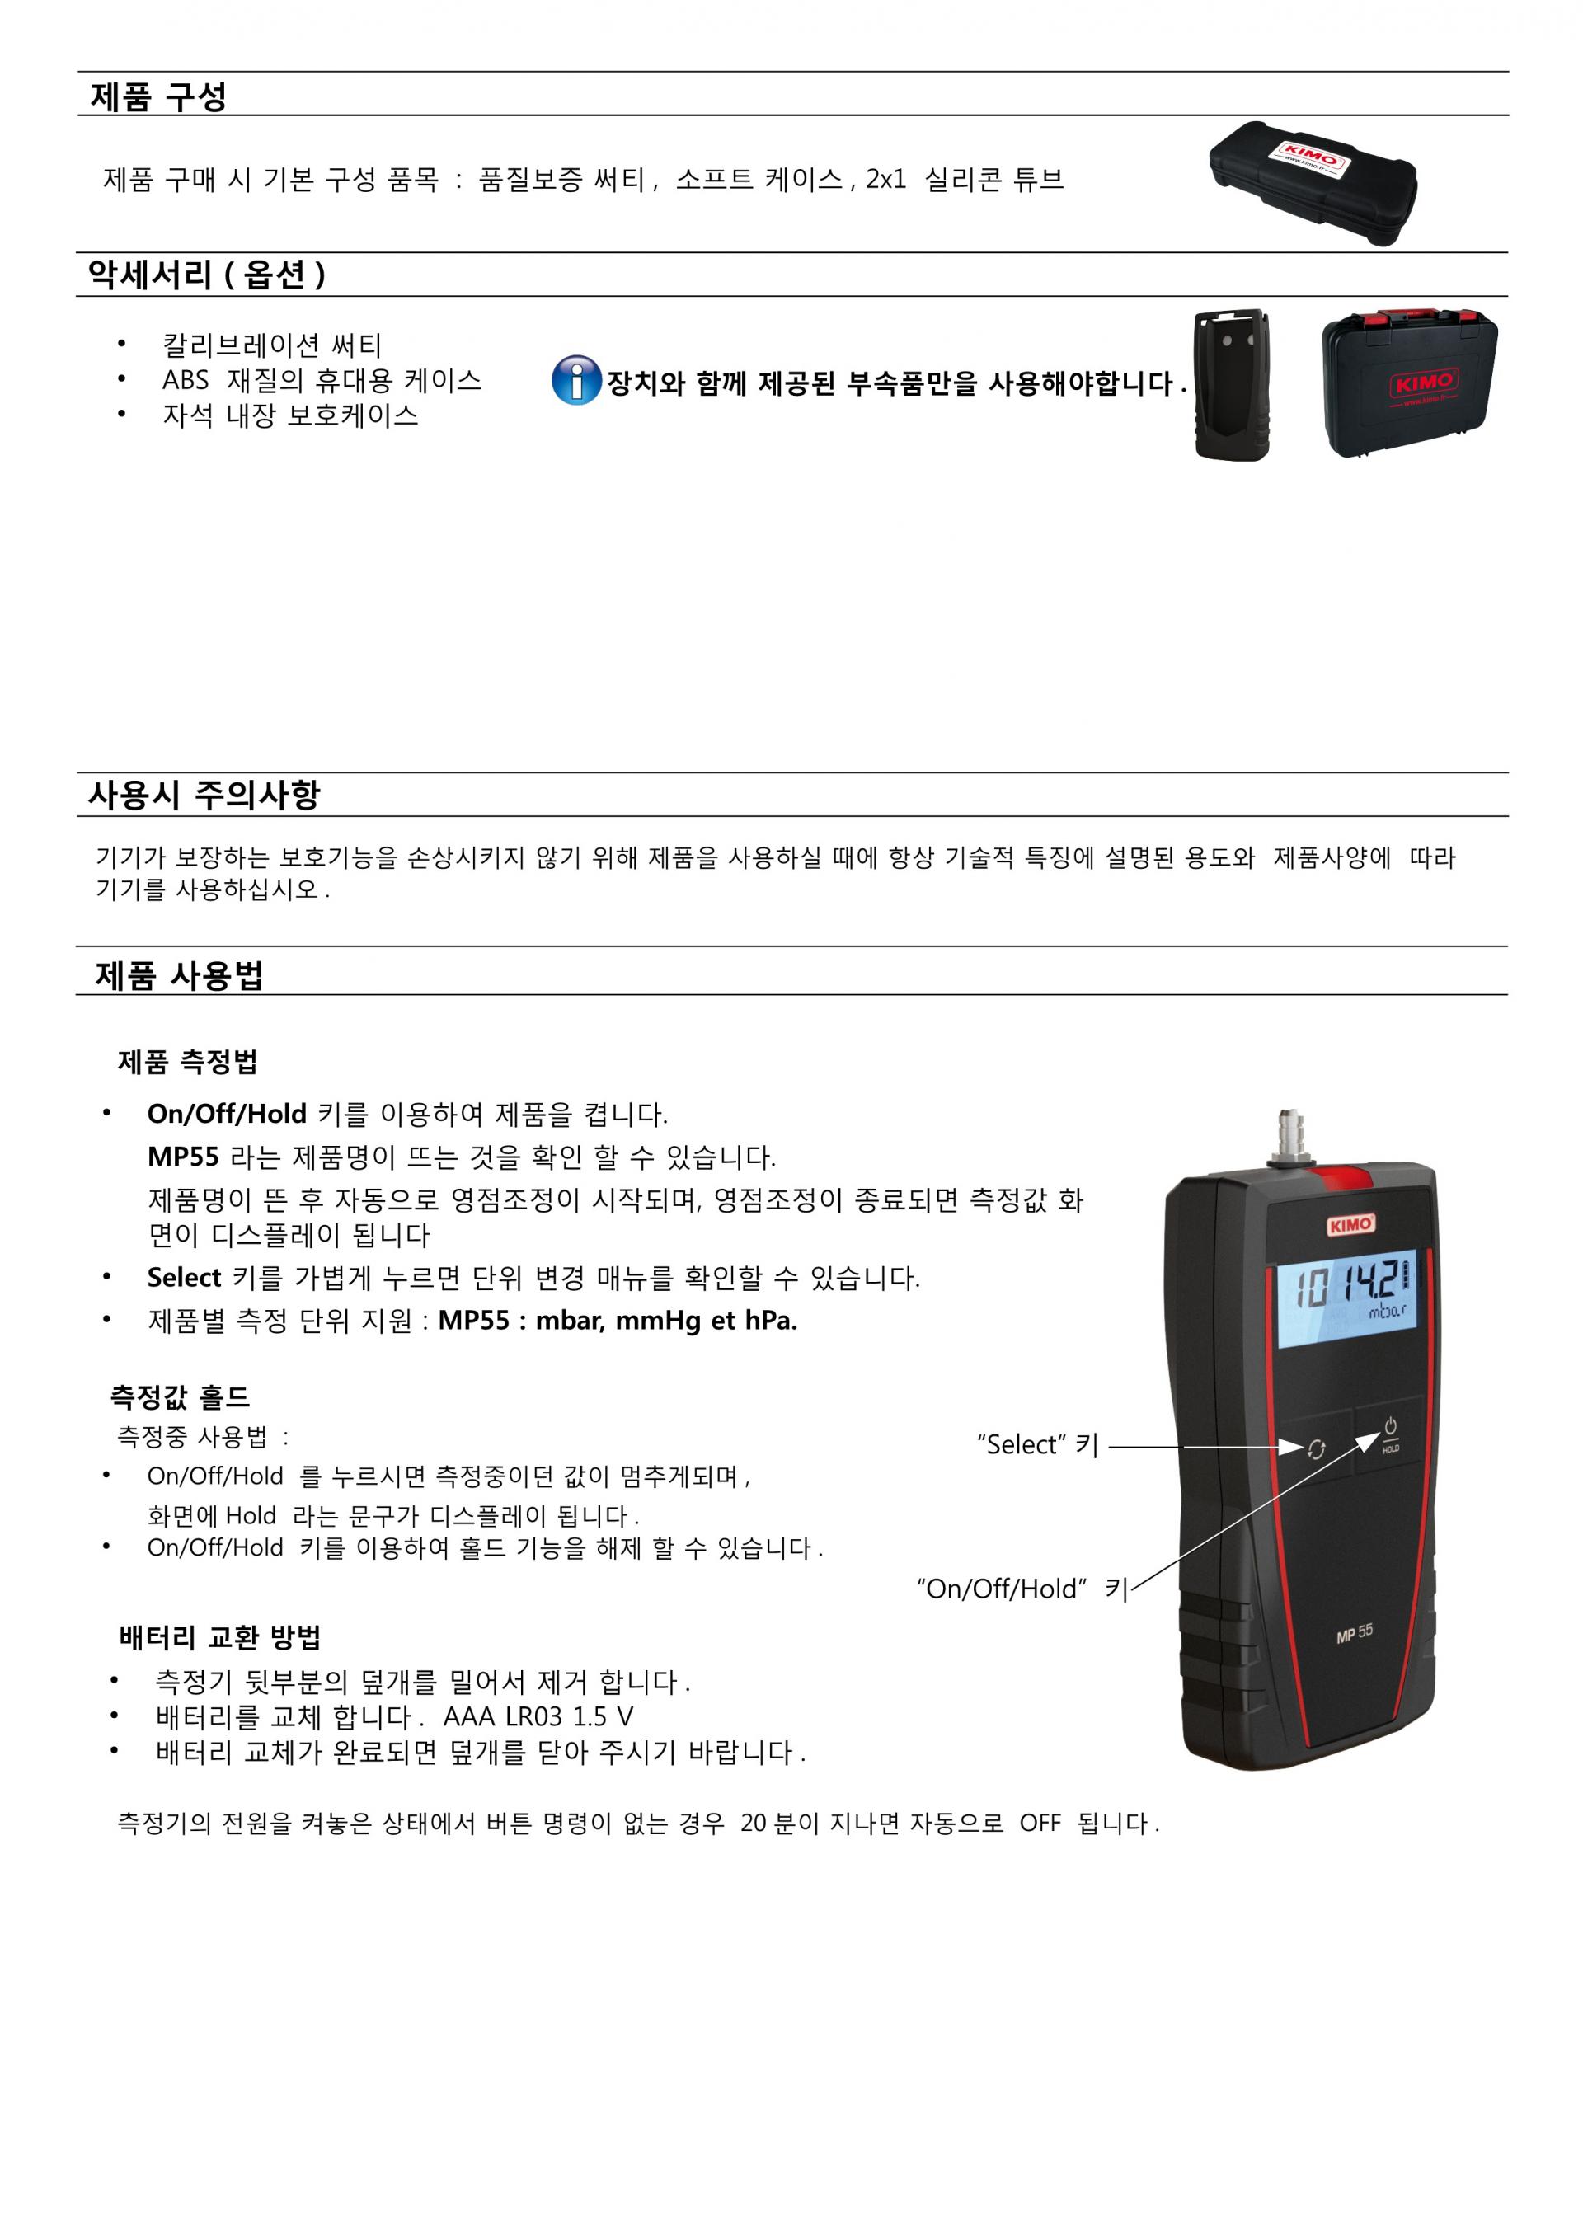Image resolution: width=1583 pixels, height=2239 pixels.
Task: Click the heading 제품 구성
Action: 158,96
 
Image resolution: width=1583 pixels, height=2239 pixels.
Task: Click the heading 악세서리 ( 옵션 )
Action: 206,275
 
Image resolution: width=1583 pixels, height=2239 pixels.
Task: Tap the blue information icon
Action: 575,380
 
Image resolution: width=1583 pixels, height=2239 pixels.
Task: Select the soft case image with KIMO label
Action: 1312,182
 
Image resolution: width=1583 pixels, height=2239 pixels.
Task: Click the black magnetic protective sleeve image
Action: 1232,385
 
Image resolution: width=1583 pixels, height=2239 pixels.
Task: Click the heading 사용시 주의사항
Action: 204,795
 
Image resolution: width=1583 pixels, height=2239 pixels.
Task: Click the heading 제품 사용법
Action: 180,974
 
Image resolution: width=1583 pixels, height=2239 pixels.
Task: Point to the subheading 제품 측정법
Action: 187,1061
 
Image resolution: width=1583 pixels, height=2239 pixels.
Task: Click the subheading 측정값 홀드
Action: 180,1396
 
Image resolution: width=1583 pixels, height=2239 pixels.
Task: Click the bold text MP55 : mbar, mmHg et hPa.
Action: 618,1321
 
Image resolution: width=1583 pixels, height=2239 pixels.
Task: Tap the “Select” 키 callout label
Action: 1038,1444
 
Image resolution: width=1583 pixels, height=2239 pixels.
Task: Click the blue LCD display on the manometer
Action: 1346,1298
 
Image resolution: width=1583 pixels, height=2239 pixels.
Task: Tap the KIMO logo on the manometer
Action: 1350,1225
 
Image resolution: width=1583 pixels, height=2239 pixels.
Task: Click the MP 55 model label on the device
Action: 1354,1633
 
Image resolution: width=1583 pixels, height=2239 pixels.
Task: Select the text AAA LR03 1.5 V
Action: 538,1717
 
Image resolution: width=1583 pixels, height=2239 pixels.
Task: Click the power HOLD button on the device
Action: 1390,1434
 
